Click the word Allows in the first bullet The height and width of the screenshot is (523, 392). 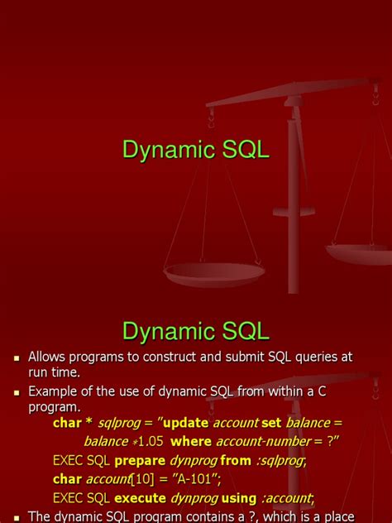point(48,357)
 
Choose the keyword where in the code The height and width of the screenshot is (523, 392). point(193,441)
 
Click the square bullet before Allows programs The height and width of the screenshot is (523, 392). point(16,357)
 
